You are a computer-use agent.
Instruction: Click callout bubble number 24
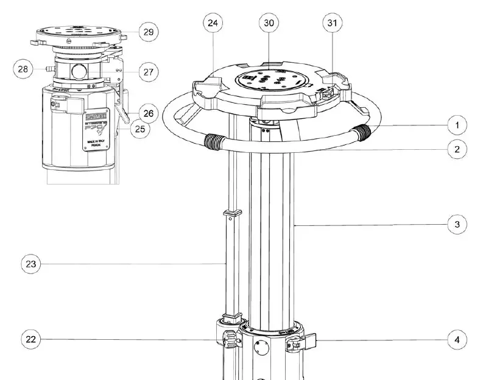(x=213, y=23)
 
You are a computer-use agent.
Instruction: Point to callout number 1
(x=457, y=125)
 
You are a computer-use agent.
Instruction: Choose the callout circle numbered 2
(x=457, y=149)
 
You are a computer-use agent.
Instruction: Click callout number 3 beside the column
(x=457, y=224)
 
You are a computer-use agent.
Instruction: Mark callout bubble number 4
(x=457, y=339)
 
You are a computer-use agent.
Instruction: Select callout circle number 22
(x=32, y=339)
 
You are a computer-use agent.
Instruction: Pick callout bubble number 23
(x=32, y=264)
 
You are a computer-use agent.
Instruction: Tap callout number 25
(x=141, y=128)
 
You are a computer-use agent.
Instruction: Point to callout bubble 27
(x=147, y=72)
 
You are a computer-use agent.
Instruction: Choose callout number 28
(x=23, y=69)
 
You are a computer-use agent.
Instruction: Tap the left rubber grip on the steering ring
(x=214, y=143)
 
